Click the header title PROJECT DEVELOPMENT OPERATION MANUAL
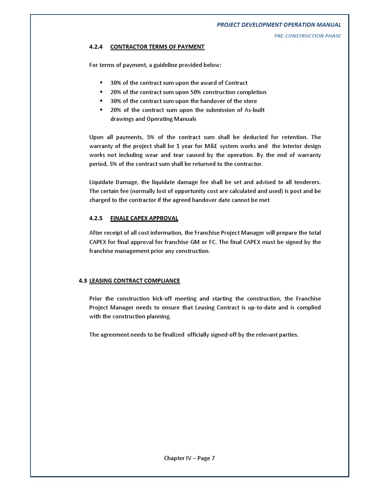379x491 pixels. pyautogui.click(x=279, y=25)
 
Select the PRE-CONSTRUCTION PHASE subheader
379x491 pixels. pyautogui.click(x=307, y=36)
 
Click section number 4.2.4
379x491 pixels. pyautogui.click(x=96, y=47)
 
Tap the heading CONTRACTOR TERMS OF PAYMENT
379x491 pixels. pyautogui.click(x=157, y=47)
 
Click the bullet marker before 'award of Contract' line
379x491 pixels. pyautogui.click(x=101, y=83)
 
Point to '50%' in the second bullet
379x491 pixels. pyautogui.click(x=196, y=92)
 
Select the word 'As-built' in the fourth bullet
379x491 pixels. pyautogui.click(x=255, y=110)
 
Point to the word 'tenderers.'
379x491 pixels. pyautogui.click(x=307, y=182)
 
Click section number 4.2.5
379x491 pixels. pyautogui.click(x=96, y=218)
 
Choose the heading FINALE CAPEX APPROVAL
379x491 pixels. pyautogui.click(x=144, y=218)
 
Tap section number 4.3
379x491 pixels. pyautogui.click(x=82, y=281)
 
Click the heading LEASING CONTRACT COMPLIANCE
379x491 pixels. pyautogui.click(x=135, y=281)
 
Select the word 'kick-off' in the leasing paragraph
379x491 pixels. pyautogui.click(x=162, y=299)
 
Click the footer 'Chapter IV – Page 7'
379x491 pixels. pyautogui.click(x=189, y=458)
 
